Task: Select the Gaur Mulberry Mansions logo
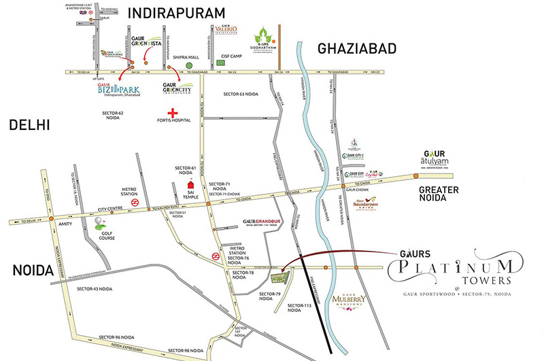pyautogui.click(x=351, y=300)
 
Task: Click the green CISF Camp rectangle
pyautogui.click(x=221, y=63)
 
